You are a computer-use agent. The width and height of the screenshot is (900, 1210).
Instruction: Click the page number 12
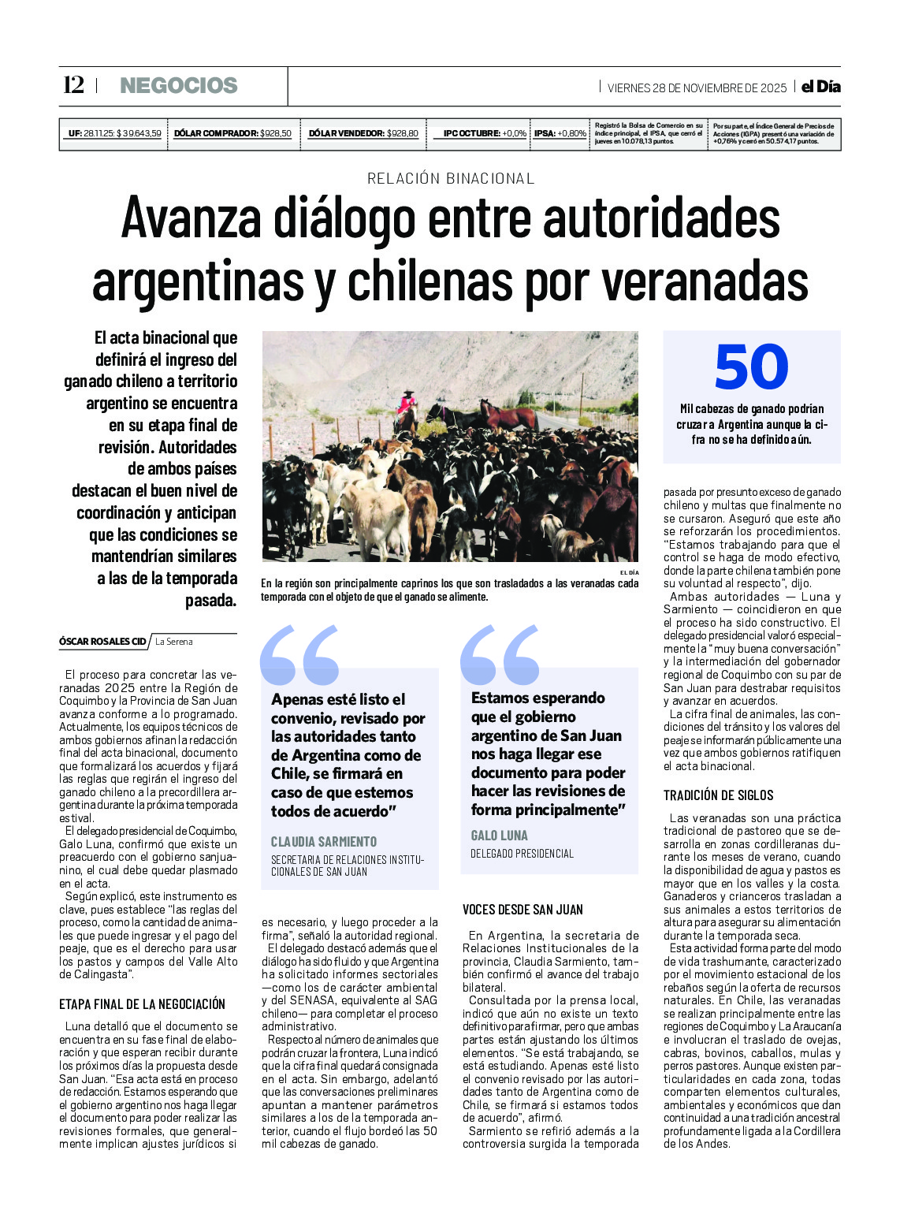73,85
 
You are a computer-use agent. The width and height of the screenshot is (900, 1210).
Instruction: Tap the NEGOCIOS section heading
178,86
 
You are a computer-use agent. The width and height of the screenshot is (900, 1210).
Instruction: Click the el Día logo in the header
820,87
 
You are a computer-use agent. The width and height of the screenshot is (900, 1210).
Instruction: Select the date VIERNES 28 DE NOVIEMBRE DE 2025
697,87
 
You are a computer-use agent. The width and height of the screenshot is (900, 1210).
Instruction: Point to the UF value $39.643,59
139,133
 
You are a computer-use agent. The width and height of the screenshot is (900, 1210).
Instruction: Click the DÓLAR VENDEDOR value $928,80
402,133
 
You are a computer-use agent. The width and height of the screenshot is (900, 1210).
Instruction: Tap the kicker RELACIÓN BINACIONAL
451,178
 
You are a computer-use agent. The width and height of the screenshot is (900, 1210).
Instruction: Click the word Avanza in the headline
188,218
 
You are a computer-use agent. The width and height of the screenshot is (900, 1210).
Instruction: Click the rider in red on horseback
407,405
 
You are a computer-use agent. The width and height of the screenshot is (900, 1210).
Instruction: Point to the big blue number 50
751,367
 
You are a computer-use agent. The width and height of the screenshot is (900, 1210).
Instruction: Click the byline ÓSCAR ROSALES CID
102,642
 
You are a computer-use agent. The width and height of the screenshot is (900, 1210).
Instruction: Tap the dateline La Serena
174,642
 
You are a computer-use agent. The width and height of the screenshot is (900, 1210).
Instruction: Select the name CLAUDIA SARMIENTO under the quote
324,842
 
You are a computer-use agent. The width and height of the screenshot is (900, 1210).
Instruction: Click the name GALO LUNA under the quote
500,836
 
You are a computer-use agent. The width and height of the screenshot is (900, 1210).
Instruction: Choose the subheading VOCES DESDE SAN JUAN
523,910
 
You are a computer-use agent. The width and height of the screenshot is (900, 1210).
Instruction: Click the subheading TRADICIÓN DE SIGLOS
718,795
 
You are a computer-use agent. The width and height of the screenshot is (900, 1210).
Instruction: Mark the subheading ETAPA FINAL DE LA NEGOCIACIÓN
142,1004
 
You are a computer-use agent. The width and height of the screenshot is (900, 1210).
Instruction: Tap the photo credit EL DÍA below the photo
629,572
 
